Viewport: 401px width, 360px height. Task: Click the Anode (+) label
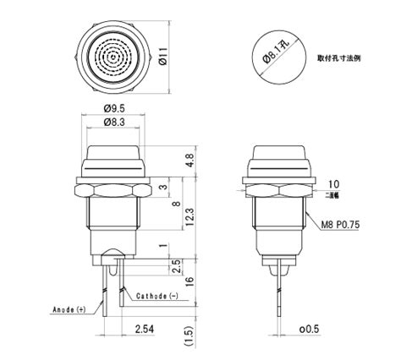tap(69, 310)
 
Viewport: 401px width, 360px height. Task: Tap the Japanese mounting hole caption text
tap(344, 58)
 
